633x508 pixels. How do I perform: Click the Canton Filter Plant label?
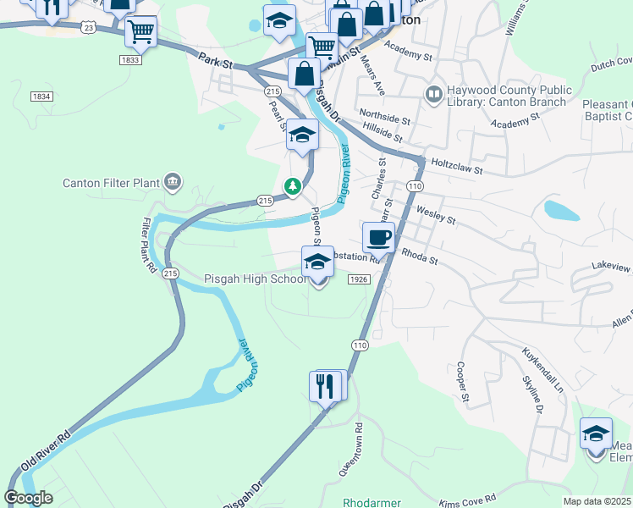tap(112, 183)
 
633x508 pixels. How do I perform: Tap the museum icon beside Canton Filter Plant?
tap(173, 180)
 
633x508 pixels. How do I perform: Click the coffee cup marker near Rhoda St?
tap(377, 238)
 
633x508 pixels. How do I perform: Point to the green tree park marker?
tap(293, 185)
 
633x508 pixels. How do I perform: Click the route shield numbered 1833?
tap(129, 60)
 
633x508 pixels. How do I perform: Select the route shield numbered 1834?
tap(40, 97)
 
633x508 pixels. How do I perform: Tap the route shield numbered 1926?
tap(357, 279)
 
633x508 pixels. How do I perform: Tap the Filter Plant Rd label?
tap(150, 245)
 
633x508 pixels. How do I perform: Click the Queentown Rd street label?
tap(350, 449)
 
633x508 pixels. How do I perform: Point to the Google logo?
tap(29, 497)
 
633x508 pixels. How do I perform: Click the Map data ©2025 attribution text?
tap(597, 501)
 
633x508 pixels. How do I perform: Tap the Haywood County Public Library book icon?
tap(434, 92)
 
